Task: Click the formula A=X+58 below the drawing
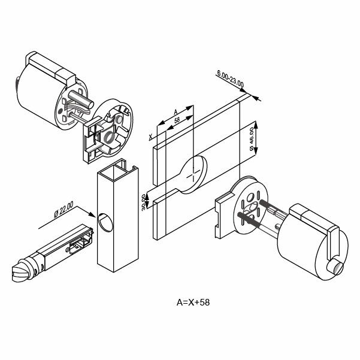193,302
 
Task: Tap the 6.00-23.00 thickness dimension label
230,78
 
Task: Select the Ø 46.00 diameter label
252,139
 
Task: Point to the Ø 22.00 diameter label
63,210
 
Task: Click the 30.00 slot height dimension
144,202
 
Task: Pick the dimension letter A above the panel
176,112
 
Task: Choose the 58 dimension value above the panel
177,120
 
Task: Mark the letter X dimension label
150,137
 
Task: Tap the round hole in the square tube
105,222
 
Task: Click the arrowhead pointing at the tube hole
92,214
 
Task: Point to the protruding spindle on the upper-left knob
81,99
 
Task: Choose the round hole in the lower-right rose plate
250,198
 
